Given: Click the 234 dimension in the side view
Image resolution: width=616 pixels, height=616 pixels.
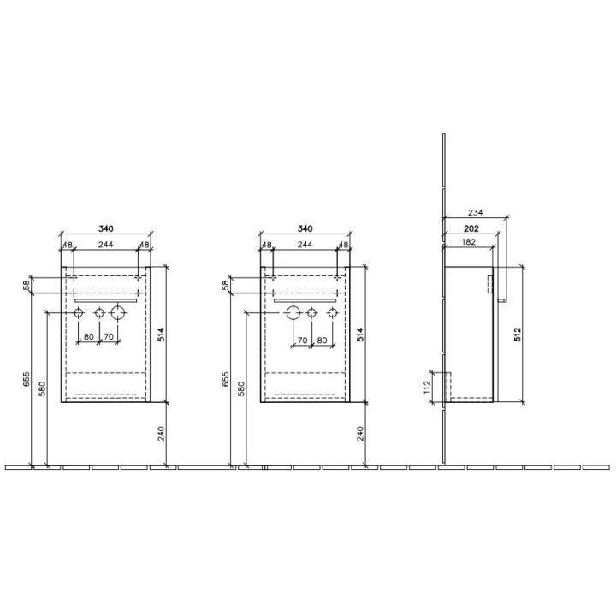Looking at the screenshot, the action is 476,212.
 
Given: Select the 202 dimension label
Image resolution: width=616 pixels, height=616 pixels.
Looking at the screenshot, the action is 471,228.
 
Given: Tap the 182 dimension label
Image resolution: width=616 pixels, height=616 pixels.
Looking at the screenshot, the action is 468,242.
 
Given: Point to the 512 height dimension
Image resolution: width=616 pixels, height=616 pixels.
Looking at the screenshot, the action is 517,335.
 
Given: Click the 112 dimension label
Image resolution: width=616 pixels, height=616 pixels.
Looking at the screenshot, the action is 428,387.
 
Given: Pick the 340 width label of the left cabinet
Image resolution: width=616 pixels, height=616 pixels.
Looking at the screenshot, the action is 106,228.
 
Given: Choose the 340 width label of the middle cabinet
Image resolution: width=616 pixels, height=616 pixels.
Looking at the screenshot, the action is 305,228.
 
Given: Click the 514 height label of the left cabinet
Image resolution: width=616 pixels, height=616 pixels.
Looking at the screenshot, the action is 161,335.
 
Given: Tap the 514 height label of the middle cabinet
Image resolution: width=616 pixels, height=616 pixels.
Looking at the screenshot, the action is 360,335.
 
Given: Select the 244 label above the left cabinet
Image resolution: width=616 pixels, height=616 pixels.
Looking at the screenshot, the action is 106,245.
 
